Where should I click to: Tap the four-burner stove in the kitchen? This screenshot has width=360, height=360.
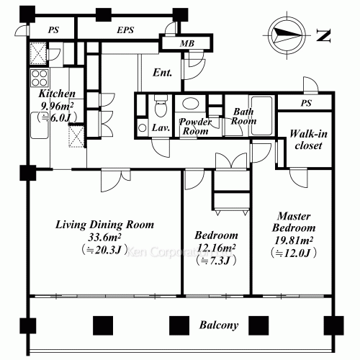coord(40,78)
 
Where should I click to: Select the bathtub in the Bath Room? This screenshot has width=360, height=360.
coord(261,115)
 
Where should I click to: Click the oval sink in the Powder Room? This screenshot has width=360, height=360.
coord(190,103)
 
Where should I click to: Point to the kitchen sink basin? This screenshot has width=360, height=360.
coord(40,125)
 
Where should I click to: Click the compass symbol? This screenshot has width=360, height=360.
coord(287,35)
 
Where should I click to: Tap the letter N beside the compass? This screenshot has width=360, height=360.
coord(324,36)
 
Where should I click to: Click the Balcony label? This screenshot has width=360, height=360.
coord(219,325)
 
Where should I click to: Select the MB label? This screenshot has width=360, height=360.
coord(187,43)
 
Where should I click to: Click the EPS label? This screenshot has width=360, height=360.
coord(125,30)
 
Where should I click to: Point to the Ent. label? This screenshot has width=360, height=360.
coord(163,73)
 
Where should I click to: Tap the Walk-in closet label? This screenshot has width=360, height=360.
coord(308,140)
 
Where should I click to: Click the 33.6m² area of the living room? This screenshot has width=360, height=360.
coord(104,237)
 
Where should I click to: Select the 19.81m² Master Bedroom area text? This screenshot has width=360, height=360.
coord(294,240)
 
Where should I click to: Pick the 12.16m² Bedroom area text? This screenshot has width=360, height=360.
coord(216,248)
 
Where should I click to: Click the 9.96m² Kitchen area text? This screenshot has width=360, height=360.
coord(57,106)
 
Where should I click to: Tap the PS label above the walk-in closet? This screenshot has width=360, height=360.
coord(306,103)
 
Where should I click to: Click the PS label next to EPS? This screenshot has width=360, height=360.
coord(53,30)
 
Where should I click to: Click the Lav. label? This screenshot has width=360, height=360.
coord(161,127)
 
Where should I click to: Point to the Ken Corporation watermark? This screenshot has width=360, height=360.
coord(179,252)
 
